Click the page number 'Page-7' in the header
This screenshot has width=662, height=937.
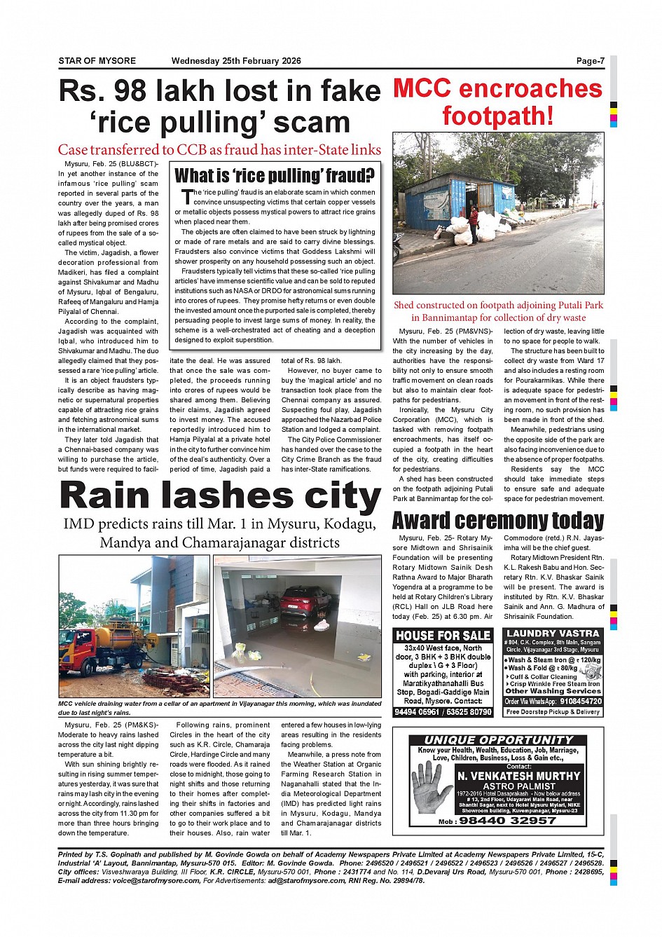click(590, 61)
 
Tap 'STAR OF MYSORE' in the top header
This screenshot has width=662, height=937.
click(97, 61)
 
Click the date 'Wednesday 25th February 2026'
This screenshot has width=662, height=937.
click(236, 61)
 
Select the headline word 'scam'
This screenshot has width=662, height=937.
click(312, 123)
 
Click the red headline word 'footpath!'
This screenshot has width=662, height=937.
click(497, 116)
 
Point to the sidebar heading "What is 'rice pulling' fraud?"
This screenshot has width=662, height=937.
click(274, 175)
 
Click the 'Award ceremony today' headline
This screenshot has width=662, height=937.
click(497, 521)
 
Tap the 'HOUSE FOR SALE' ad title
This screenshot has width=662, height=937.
click(443, 636)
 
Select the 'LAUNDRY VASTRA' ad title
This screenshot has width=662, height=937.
click(553, 634)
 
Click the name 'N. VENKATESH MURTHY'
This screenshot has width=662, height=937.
click(518, 776)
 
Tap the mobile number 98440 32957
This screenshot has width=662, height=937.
click(507, 821)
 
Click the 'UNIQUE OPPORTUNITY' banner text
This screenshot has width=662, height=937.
click(498, 740)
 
